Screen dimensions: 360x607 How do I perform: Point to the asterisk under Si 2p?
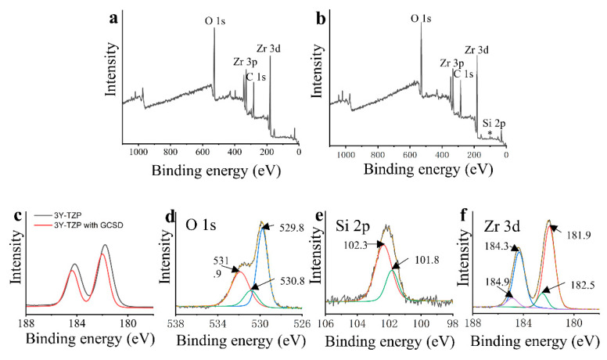click(x=490, y=134)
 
